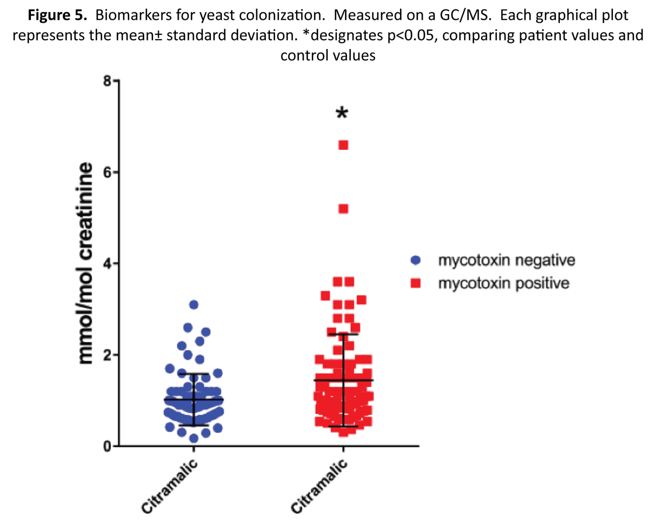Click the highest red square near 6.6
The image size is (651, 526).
click(343, 145)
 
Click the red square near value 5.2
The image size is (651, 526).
click(343, 209)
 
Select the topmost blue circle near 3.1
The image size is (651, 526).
click(194, 305)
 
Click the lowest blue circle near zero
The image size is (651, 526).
click(194, 438)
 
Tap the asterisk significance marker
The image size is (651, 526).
click(342, 114)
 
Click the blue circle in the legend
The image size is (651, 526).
click(416, 260)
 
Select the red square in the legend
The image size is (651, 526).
click(416, 283)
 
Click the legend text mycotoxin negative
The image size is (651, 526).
click(506, 260)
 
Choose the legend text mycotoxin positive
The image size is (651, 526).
click(504, 283)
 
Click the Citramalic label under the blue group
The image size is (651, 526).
click(170, 486)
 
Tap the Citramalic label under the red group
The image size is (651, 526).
click(319, 486)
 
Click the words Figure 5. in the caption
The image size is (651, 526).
click(57, 15)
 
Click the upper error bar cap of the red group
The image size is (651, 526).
click(343, 334)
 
